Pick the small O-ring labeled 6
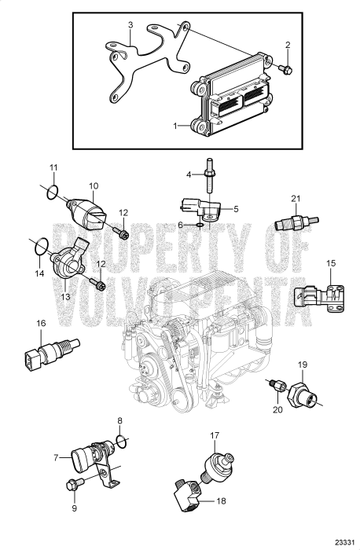[x=200, y=225]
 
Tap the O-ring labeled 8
[x=119, y=438]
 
